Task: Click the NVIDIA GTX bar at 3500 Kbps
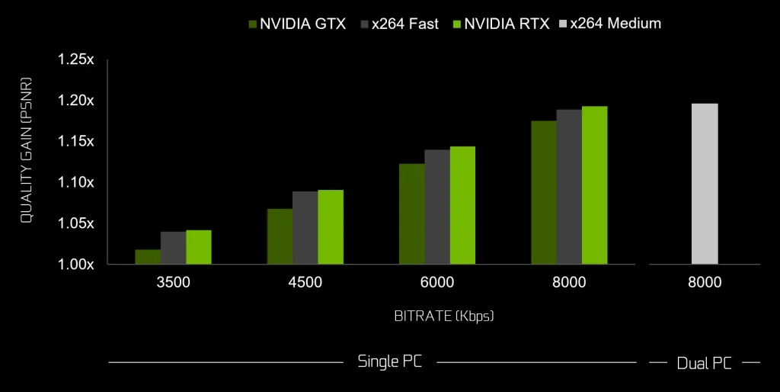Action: (x=148, y=257)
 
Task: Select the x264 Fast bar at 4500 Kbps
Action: (x=305, y=227)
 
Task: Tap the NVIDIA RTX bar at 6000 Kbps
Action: (x=462, y=205)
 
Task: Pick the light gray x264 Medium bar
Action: (x=705, y=184)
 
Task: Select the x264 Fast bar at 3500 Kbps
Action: (x=173, y=248)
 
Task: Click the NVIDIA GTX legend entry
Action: (x=297, y=24)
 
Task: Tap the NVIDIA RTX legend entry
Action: (x=501, y=24)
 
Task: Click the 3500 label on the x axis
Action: (x=173, y=283)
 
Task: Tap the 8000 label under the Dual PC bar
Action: (x=705, y=283)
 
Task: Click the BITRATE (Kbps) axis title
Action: (x=437, y=316)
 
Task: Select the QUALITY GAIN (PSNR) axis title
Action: (x=26, y=149)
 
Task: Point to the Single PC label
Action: (x=390, y=361)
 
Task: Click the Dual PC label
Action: (x=705, y=363)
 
